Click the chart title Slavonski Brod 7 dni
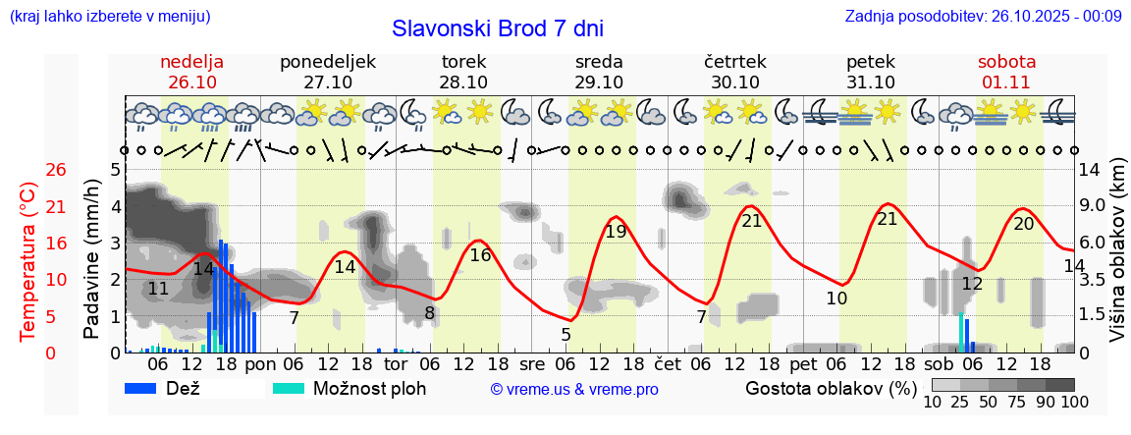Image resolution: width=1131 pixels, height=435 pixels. click(498, 28)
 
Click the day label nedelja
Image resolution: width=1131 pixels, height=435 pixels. click(192, 62)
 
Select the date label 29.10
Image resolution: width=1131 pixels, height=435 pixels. click(599, 82)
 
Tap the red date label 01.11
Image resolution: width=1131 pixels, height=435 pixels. click(1006, 82)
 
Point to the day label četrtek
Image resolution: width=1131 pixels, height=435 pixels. click(735, 62)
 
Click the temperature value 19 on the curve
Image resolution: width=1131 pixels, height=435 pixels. click(616, 233)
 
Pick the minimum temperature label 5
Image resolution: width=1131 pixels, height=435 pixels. click(566, 335)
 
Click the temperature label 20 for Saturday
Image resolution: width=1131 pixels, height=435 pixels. click(1024, 224)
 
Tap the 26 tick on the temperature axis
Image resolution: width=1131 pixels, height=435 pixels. click(29, 170)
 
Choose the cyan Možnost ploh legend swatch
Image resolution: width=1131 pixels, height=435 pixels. click(289, 388)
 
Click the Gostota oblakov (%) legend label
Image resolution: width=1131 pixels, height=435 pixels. click(830, 388)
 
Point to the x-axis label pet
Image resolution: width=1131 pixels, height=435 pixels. click(802, 363)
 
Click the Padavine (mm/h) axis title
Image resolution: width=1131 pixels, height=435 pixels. click(93, 259)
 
